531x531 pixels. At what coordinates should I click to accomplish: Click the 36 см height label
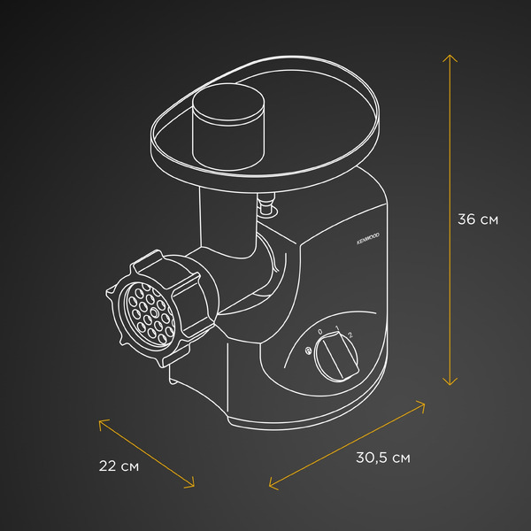pyautogui.click(x=478, y=219)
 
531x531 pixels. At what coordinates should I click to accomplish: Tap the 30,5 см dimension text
pyautogui.click(x=383, y=458)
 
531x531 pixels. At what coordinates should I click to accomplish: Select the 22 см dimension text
pyautogui.click(x=119, y=466)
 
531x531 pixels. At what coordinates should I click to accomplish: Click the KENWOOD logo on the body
pyautogui.click(x=368, y=238)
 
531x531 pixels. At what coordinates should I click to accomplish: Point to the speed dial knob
pyautogui.click(x=336, y=357)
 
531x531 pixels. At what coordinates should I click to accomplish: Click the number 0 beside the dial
pyautogui.click(x=320, y=332)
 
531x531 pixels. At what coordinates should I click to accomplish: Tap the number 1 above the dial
pyautogui.click(x=337, y=327)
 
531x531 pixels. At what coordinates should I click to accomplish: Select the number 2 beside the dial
pyautogui.click(x=350, y=335)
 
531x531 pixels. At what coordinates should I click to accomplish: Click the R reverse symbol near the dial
pyautogui.click(x=308, y=350)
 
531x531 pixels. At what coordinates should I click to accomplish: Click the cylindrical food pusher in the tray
pyautogui.click(x=228, y=127)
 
